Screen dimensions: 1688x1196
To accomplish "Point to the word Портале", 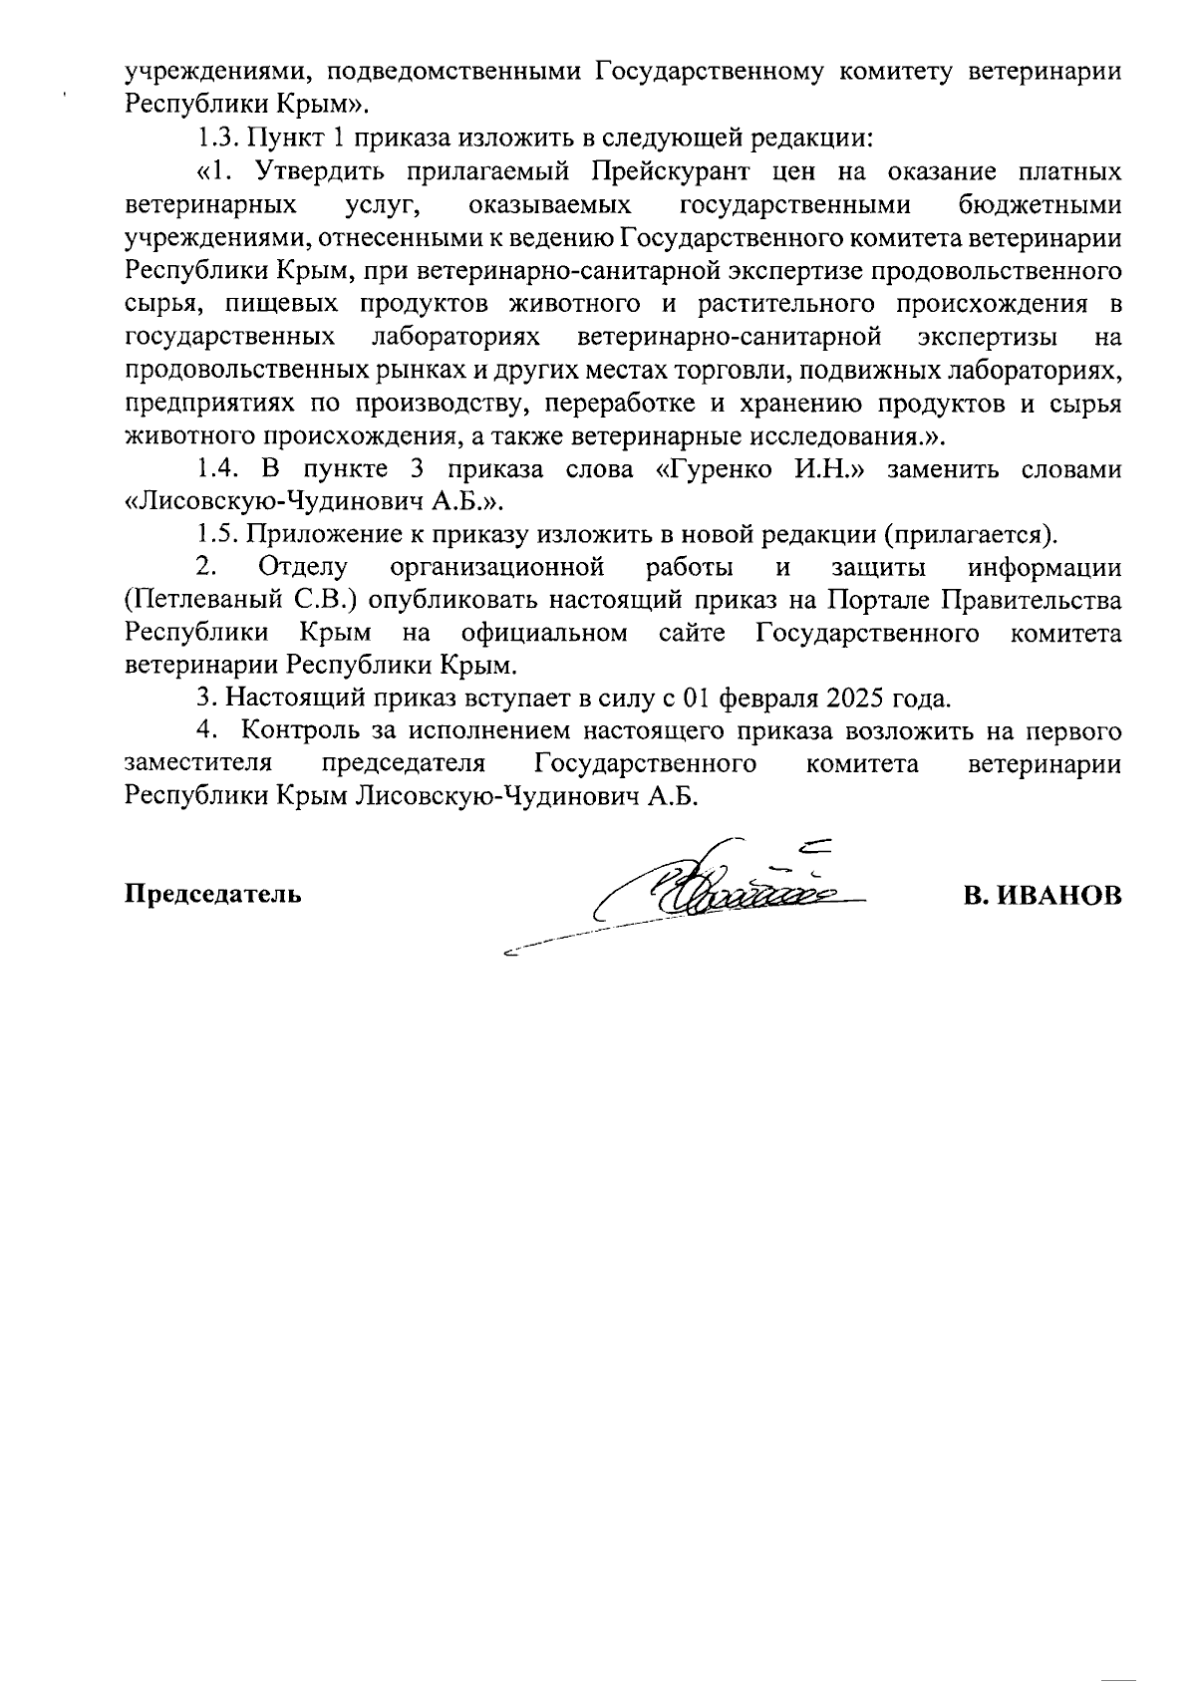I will [x=878, y=601].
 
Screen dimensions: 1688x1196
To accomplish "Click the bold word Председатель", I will [x=212, y=893].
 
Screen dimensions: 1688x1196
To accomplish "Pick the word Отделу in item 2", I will [x=302, y=568].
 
